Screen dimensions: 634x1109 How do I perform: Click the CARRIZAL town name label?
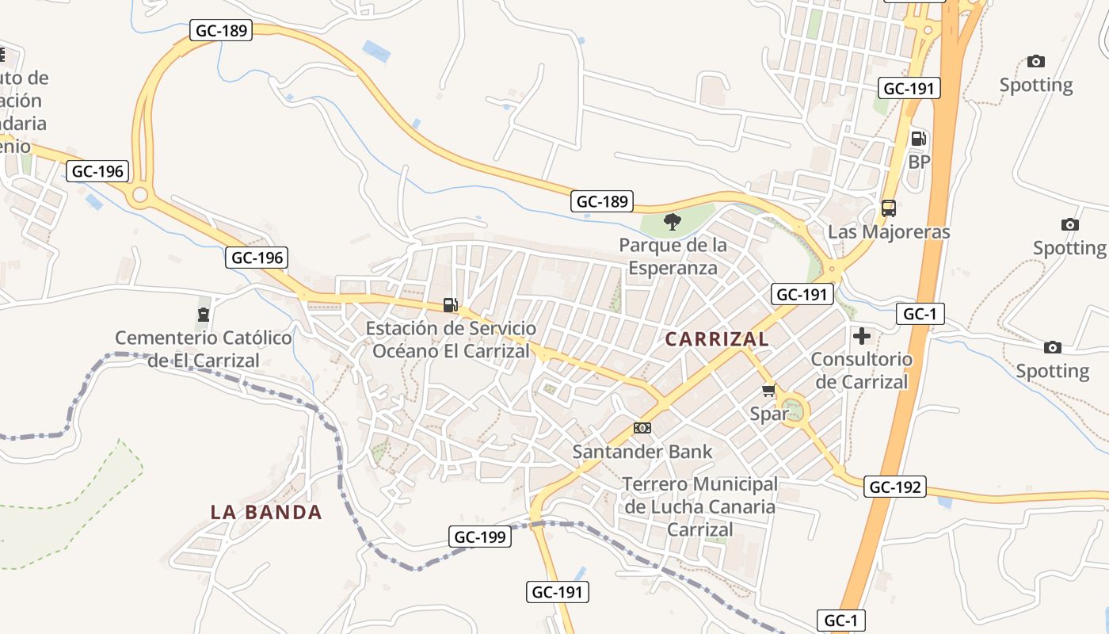coord(717,339)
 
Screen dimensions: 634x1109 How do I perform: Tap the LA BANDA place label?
coord(266,512)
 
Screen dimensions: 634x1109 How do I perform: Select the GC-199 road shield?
coord(480,537)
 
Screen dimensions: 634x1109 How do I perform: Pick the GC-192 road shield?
coord(895,487)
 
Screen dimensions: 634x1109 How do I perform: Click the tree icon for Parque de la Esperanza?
coord(673,222)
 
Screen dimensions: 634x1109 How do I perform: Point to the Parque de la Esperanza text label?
coord(673,256)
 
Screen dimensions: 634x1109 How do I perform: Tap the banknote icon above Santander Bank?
coord(642,428)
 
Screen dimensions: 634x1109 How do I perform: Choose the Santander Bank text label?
coord(642,452)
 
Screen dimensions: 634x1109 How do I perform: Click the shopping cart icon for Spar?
coord(768,391)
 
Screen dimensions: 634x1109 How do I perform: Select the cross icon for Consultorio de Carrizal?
coord(862,336)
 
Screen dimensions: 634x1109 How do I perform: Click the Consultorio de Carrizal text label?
coord(862,370)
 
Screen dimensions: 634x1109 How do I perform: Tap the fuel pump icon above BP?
coord(919,139)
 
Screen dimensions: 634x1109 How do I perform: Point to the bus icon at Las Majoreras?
coord(889,208)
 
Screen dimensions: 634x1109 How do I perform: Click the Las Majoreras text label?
coord(889,232)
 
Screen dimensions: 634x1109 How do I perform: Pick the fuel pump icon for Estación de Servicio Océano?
coord(450,305)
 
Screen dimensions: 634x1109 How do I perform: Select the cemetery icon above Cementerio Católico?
coord(204,315)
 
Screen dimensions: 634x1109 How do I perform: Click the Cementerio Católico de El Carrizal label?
coord(204,349)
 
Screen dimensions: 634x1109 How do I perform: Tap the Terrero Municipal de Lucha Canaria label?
coord(700,506)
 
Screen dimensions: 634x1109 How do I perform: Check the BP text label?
coord(919,162)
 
